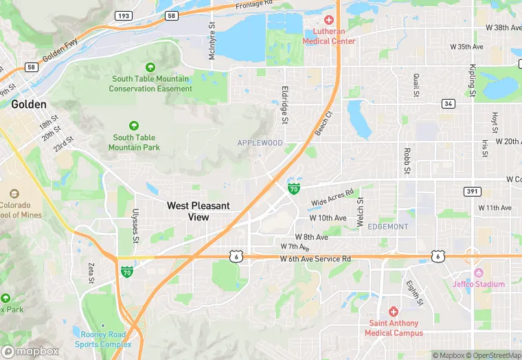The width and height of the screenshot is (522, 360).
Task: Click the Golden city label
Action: tap(29, 104)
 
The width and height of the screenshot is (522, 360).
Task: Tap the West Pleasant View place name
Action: tap(199, 211)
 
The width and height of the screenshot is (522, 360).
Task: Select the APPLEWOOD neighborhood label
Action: tap(260, 143)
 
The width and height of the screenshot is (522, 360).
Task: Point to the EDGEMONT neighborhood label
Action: tap(388, 227)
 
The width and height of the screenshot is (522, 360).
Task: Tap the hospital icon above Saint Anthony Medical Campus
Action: tap(394, 312)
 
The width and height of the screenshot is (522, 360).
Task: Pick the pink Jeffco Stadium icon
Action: tap(479, 273)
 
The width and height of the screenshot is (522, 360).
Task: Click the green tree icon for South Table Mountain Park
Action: tap(134, 126)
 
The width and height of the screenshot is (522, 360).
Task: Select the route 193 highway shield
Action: tap(123, 14)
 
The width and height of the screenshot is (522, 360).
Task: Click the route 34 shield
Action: tap(449, 104)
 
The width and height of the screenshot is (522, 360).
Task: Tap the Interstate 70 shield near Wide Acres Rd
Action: tap(293, 188)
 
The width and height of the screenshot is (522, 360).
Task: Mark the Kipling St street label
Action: tap(473, 80)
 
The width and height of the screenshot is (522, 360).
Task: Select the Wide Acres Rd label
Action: tap(332, 199)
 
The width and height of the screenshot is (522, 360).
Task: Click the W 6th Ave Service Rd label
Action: tap(315, 259)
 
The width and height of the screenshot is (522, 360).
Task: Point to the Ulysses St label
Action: tap(136, 226)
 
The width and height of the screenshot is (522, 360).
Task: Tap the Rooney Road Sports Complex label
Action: tap(103, 339)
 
